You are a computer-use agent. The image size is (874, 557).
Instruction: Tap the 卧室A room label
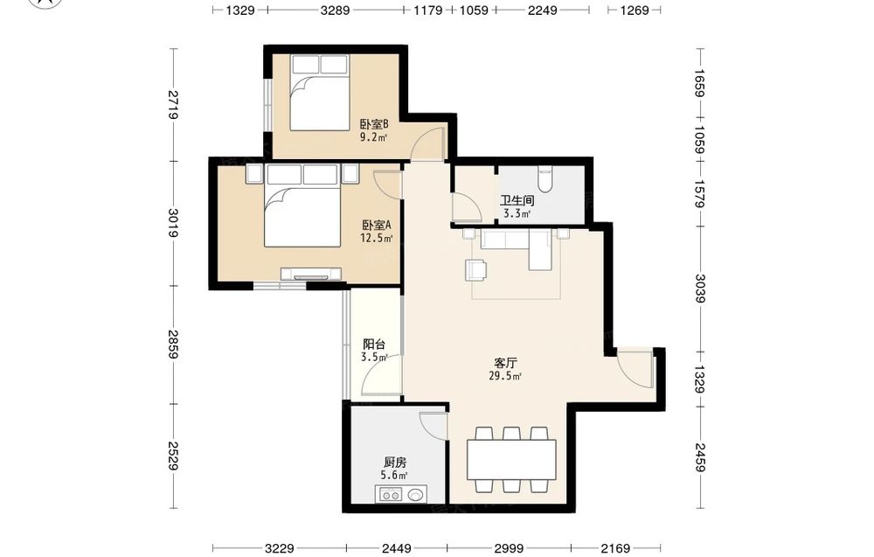377,226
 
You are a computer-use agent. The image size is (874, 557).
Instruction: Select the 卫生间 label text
517,201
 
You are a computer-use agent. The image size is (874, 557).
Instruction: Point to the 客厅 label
505,364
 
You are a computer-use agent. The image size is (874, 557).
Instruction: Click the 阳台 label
373,345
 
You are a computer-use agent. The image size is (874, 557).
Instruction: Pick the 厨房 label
395,463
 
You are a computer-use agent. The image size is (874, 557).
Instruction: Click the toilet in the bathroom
545,178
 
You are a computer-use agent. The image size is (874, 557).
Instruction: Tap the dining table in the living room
511,459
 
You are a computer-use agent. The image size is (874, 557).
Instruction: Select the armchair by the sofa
475,269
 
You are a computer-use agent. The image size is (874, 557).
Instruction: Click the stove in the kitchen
390,495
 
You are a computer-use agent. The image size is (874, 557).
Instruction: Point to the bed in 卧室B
319,93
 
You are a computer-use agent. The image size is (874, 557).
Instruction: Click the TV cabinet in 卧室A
311,274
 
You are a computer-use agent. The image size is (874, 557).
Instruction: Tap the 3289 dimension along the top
335,10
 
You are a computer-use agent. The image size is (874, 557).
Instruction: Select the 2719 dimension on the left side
173,104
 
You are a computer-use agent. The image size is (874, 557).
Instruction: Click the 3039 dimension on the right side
700,289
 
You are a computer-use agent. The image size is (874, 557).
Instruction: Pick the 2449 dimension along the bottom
396,548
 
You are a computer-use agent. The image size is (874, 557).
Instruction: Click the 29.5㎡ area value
505,376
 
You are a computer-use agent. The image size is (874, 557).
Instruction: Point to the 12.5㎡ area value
376,239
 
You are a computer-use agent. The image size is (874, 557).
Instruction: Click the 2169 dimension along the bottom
614,548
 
